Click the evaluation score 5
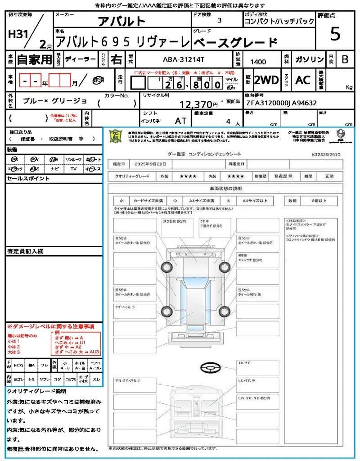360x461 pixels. tap(335, 35)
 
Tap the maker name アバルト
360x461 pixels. tap(122, 21)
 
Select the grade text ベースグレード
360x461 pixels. tap(235, 43)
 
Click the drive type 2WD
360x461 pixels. tap(266, 80)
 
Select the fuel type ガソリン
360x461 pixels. tap(309, 59)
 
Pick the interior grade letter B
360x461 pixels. tap(345, 59)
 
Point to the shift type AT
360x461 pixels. tap(180, 121)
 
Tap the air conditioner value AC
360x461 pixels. tap(303, 80)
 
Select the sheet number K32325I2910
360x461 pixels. tap(326, 154)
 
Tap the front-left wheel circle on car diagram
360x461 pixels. tap(166, 267)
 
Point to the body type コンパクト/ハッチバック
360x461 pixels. tap(276, 21)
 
